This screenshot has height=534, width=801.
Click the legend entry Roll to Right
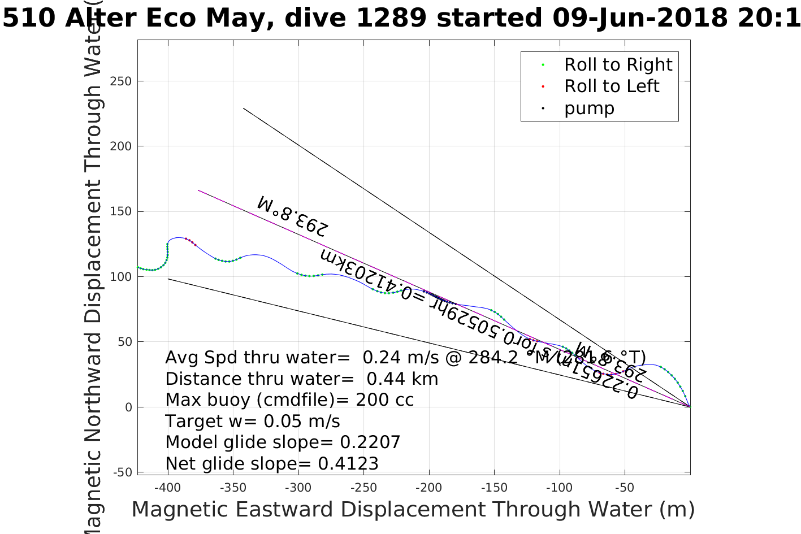(618, 65)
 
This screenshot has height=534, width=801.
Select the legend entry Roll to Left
(611, 86)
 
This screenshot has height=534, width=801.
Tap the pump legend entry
(588, 108)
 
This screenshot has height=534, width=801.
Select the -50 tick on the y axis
(122, 472)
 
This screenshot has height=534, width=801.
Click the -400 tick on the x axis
(167, 487)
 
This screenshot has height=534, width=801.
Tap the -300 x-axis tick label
(298, 487)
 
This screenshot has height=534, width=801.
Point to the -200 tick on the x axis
(428, 487)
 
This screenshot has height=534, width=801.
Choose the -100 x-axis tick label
(559, 487)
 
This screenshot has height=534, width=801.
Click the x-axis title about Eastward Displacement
(413, 510)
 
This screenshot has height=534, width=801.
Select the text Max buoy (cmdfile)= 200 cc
(289, 400)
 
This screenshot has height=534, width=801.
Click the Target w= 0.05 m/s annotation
(253, 422)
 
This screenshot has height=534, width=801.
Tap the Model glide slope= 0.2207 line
(283, 442)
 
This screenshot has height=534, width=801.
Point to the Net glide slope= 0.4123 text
(272, 464)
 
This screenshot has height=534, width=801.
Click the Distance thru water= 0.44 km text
(302, 379)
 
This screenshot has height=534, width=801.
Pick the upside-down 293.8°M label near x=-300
(292, 216)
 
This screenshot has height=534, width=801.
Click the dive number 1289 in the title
(391, 18)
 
